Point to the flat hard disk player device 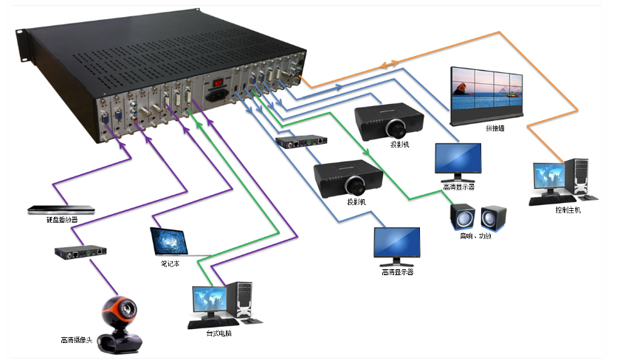tap(57, 210)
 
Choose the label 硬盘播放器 tap(58, 220)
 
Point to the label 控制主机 tap(568, 210)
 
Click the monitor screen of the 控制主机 tap(548, 178)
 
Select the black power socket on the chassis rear tap(220, 96)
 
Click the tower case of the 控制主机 tap(579, 176)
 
